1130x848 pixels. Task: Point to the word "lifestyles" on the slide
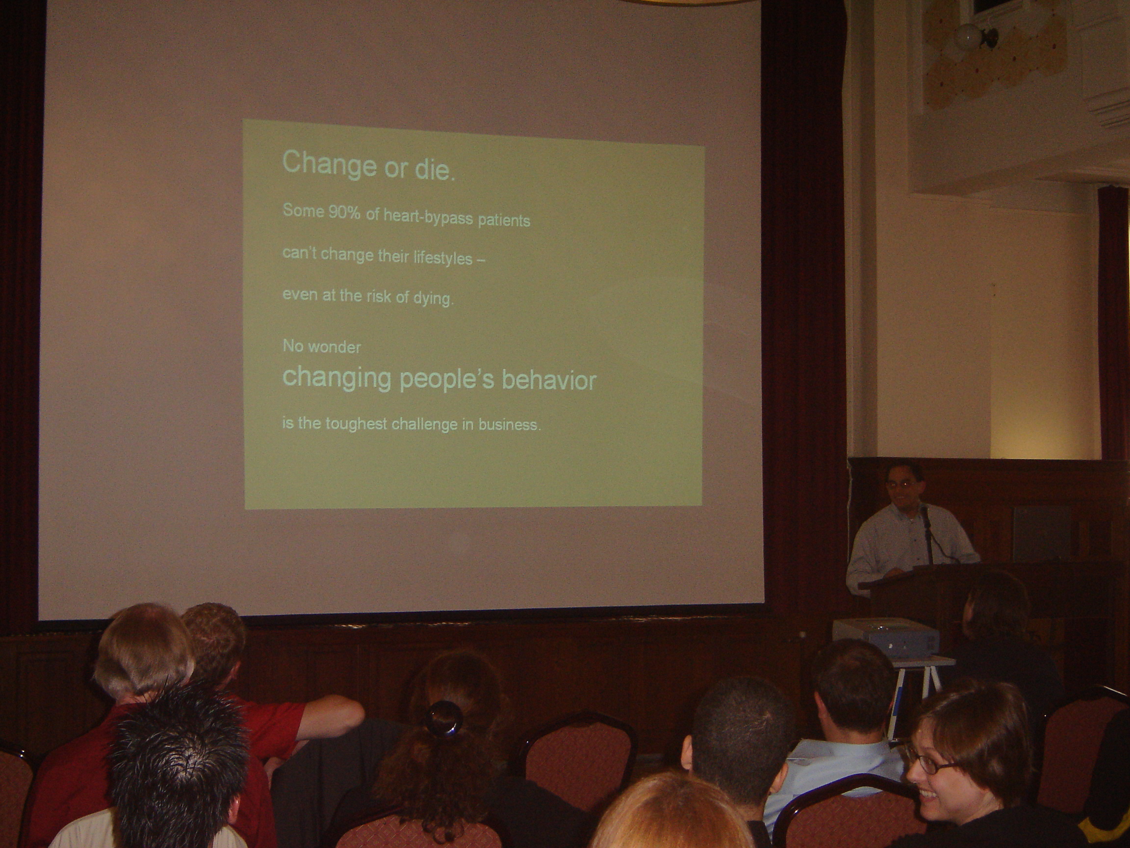point(443,257)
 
